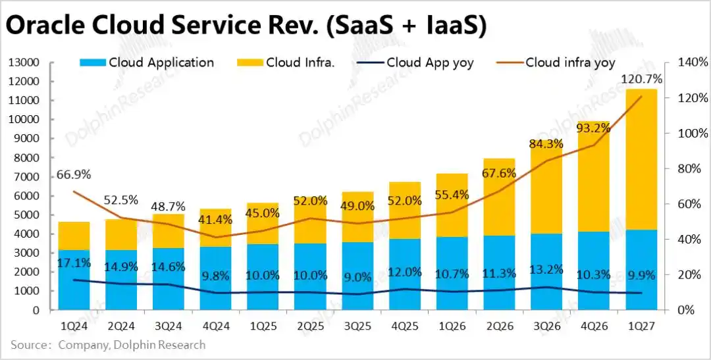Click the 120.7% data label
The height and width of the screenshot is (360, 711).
(641, 80)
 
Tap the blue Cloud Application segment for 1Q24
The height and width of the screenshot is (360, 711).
(74, 280)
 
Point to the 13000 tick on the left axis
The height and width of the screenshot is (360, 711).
(25, 63)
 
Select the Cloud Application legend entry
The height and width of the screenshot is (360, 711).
(146, 63)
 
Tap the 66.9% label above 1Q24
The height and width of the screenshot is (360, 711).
(74, 174)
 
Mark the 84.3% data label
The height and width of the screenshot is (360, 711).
(546, 145)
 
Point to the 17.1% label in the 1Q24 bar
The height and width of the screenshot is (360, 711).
(74, 263)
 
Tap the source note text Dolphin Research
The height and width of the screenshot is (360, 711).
(159, 345)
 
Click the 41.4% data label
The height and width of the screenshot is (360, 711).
(215, 220)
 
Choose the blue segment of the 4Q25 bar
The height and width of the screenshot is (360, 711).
(404, 274)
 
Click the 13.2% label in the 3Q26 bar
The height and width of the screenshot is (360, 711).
(546, 269)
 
